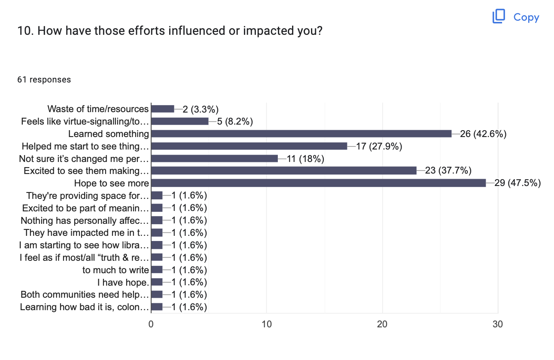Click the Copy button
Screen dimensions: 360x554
click(516, 17)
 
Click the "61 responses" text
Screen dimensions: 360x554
click(44, 79)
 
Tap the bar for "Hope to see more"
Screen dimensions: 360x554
click(318, 183)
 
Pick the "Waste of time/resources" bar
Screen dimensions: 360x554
click(163, 109)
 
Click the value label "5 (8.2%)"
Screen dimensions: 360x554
click(235, 121)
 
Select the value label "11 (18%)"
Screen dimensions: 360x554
click(305, 159)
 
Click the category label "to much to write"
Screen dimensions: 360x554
click(116, 270)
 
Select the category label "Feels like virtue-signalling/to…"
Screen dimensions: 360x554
click(85, 121)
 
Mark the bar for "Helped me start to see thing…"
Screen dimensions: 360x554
click(249, 146)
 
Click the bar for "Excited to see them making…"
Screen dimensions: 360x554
click(284, 171)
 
